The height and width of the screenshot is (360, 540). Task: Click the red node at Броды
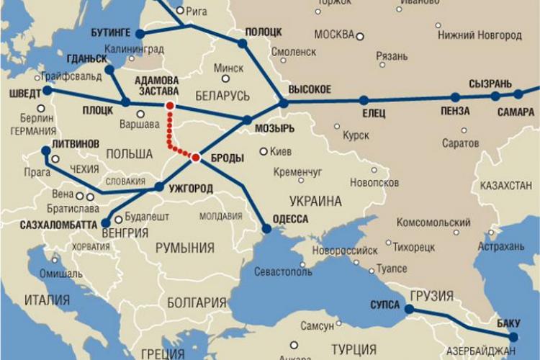point(196,157)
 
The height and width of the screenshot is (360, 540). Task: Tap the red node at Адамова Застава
point(170,106)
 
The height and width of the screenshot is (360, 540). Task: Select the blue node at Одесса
point(266,228)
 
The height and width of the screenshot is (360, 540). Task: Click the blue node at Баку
point(513,336)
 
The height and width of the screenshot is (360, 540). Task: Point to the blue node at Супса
point(408,309)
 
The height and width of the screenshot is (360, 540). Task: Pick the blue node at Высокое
point(284,104)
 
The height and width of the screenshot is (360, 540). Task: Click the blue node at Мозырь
point(247,120)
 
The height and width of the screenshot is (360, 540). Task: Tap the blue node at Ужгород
point(159,186)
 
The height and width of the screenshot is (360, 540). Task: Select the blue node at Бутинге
point(140,34)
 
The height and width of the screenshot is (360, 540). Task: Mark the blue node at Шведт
point(48,91)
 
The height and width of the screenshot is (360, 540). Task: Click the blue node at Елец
point(364,100)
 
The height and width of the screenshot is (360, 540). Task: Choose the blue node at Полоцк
point(243,43)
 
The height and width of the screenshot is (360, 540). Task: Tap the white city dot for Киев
point(264,152)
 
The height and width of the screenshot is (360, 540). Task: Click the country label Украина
point(316,201)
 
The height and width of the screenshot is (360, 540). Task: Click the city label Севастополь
point(284,272)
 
